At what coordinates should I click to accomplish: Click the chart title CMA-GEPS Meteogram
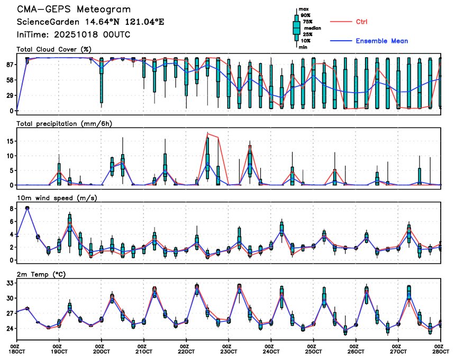[74, 10]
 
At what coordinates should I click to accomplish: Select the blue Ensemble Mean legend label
[381, 41]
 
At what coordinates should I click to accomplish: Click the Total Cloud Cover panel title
[53, 49]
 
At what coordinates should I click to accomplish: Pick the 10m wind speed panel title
[57, 198]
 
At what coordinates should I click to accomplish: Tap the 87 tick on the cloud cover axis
[10, 64]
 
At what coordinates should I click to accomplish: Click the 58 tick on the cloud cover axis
[10, 80]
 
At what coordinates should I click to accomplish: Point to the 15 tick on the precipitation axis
[10, 141]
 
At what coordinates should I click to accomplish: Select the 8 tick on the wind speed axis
[11, 209]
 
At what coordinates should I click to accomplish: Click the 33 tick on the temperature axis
[10, 283]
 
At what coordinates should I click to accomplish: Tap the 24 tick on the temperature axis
[10, 328]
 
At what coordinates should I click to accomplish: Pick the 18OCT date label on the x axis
[17, 350]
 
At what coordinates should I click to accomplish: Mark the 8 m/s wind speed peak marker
[28, 208]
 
